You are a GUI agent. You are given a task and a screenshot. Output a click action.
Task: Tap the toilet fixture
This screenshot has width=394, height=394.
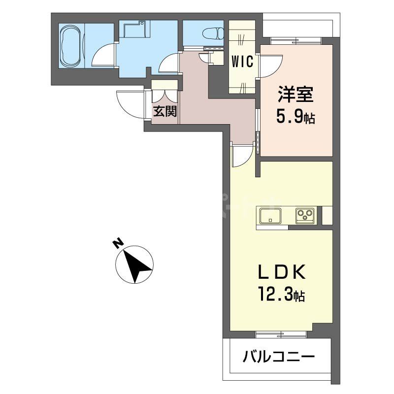pos(213,33)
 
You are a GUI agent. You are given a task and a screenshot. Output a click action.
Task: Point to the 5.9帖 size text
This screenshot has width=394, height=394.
pos(295,118)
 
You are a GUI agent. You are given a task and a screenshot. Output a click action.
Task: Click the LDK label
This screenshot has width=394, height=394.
pos(281,272)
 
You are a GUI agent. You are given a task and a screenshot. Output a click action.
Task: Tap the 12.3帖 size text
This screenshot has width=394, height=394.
pos(280,295)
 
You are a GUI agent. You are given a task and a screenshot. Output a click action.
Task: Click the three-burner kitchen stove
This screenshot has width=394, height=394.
pos(305,215)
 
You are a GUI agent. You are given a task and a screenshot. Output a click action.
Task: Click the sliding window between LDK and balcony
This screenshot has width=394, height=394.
pos(281,334)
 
